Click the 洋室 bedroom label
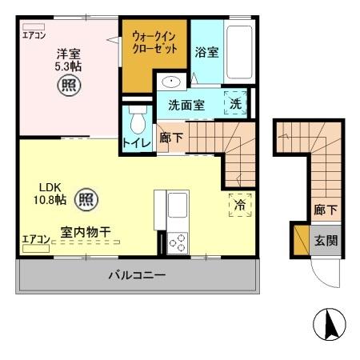click(x=68, y=54)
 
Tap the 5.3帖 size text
click(x=68, y=67)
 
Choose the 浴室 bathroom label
click(x=207, y=52)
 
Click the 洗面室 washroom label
click(x=186, y=105)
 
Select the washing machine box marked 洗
click(x=236, y=103)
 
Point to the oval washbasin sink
click(x=170, y=82)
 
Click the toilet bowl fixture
click(x=136, y=120)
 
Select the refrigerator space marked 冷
click(x=239, y=203)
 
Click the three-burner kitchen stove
click(x=177, y=241)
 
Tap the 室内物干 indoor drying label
click(x=86, y=232)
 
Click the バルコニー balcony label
click(x=137, y=276)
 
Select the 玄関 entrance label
click(x=325, y=238)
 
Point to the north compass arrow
click(x=328, y=324)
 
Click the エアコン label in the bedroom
click(x=34, y=34)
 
